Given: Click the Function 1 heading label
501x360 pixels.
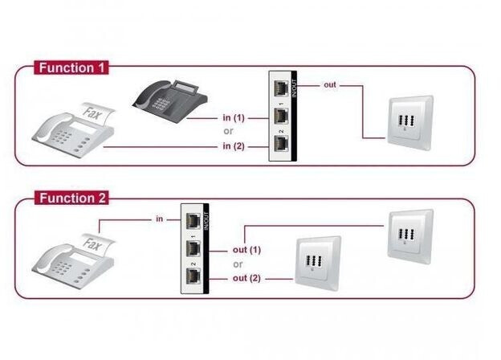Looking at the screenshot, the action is click(x=71, y=67).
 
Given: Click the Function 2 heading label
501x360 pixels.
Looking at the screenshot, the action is click(x=71, y=198).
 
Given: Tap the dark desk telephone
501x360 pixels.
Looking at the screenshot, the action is click(x=170, y=99).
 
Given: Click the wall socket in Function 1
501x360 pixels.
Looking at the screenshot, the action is click(x=410, y=123).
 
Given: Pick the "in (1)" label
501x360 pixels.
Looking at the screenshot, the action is click(x=234, y=118).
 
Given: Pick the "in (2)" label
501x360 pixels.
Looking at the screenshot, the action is click(x=234, y=146).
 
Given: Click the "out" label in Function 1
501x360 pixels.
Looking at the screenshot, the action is click(x=330, y=85).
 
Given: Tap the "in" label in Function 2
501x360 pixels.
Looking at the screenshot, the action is click(x=160, y=219).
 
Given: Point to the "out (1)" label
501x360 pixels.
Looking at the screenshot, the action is click(x=246, y=250).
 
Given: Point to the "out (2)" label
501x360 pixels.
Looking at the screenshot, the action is click(x=246, y=278).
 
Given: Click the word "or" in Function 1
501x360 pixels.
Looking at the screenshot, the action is click(x=229, y=131).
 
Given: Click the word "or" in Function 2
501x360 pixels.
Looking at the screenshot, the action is click(x=238, y=264).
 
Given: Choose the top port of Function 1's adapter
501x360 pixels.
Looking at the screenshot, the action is click(x=281, y=88).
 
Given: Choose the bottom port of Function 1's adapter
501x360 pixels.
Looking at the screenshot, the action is click(x=281, y=144).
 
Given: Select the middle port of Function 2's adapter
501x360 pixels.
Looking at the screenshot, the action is click(x=193, y=249).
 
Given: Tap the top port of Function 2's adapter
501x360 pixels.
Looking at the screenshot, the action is click(x=193, y=221).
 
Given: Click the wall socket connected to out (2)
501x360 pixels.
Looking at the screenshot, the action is click(x=318, y=264).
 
